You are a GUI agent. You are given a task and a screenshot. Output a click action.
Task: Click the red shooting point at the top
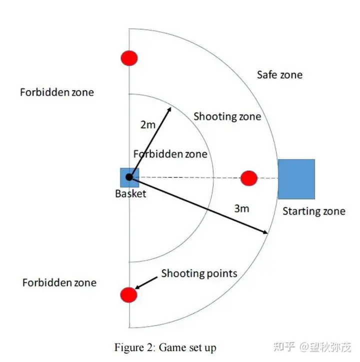pyautogui.click(x=129, y=58)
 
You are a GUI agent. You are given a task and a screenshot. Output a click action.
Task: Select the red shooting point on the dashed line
pyautogui.click(x=248, y=178)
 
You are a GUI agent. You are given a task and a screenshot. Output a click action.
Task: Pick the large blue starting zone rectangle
pyautogui.click(x=296, y=179)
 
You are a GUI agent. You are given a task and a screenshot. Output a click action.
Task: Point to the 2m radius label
pyautogui.click(x=147, y=125)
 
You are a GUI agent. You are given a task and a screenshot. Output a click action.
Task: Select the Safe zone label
pyautogui.click(x=279, y=75)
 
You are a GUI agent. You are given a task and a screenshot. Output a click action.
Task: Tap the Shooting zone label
pyautogui.click(x=227, y=117)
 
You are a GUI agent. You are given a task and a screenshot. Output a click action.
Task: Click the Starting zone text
pyautogui.click(x=313, y=211)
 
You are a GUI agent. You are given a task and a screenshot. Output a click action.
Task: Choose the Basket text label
pyautogui.click(x=130, y=193)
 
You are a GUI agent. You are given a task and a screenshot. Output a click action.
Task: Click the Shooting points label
pyautogui.click(x=198, y=273)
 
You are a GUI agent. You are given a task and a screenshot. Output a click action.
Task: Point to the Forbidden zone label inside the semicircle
pyautogui.click(x=170, y=154)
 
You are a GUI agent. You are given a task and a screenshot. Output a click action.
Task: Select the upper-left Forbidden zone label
pyautogui.click(x=56, y=92)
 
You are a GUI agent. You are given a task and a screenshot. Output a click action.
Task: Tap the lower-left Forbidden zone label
pyautogui.click(x=59, y=282)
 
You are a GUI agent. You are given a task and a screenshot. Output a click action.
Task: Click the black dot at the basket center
pyautogui.click(x=129, y=177)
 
